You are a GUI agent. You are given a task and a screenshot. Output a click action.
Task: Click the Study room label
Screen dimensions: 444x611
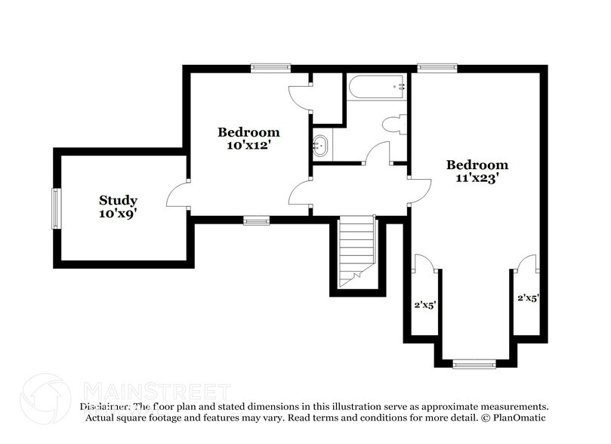(x=118, y=200)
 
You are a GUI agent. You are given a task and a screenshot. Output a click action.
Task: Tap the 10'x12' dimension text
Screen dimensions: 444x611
(x=248, y=145)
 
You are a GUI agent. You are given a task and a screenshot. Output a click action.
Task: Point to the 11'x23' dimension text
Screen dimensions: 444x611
(x=477, y=179)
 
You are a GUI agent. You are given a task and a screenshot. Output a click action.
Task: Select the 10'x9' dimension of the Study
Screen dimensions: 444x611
(x=118, y=214)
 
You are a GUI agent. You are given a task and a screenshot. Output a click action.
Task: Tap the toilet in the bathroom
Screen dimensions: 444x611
(x=395, y=125)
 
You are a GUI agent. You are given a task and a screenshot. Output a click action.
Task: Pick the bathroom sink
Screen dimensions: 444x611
(x=320, y=143)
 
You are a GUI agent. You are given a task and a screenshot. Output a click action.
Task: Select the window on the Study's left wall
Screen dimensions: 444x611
(x=56, y=208)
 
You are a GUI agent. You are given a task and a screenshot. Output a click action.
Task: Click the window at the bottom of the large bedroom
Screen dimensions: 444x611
(x=474, y=364)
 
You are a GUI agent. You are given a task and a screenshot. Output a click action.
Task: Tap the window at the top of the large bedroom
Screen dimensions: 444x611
(x=437, y=67)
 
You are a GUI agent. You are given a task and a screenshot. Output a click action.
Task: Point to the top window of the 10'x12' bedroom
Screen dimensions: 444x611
(x=270, y=67)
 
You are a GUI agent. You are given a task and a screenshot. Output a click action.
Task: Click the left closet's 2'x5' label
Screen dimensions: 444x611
(x=424, y=306)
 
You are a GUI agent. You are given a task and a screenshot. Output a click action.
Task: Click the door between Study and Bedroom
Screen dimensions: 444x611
(x=179, y=194)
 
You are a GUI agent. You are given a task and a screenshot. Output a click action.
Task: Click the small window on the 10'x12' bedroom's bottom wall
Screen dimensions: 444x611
(x=257, y=220)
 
